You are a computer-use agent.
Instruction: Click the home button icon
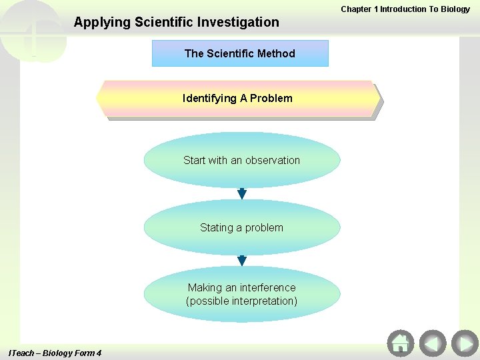(x=400, y=343)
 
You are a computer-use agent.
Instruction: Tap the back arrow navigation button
(x=432, y=343)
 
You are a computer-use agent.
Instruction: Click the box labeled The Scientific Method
(x=240, y=53)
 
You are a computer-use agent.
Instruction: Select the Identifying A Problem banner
(x=238, y=99)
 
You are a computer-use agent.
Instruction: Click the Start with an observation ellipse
(x=241, y=160)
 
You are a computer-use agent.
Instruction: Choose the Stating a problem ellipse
(x=241, y=227)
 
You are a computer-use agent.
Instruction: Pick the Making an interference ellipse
(x=241, y=294)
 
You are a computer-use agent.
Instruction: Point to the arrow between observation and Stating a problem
(x=242, y=194)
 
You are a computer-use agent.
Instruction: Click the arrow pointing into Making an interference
(x=242, y=261)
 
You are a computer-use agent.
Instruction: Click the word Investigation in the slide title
(x=241, y=22)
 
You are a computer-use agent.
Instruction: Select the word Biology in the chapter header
(x=455, y=9)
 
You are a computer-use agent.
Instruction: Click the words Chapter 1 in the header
(x=359, y=9)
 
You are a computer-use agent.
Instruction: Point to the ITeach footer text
(x=55, y=353)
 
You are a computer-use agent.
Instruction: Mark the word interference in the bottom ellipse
(x=269, y=287)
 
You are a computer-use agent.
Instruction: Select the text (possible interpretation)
(x=241, y=301)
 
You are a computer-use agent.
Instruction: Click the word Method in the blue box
(x=277, y=53)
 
